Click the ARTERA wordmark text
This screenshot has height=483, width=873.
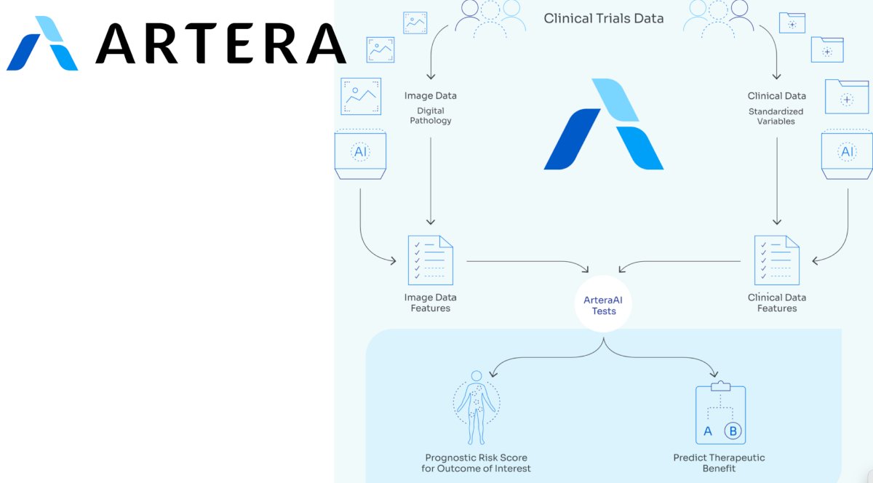click(220, 43)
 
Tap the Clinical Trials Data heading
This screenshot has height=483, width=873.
click(603, 18)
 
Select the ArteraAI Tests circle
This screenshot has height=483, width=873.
click(603, 304)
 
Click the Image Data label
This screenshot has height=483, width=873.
click(430, 95)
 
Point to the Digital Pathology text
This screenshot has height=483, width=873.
click(430, 116)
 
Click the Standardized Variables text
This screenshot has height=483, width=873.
click(776, 116)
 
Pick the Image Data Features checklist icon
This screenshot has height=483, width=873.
click(430, 260)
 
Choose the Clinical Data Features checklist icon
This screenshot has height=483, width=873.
click(777, 260)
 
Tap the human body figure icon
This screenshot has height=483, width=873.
click(477, 408)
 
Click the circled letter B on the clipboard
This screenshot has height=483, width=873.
click(733, 431)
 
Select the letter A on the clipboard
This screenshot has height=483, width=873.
click(708, 431)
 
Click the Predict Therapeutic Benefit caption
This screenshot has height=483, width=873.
click(719, 463)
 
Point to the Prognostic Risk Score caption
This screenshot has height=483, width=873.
click(476, 463)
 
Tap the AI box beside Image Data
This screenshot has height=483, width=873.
click(361, 154)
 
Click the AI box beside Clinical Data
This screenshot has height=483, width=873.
click(847, 154)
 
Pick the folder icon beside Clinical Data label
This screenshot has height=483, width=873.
click(847, 97)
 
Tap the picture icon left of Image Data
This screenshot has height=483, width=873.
click(361, 96)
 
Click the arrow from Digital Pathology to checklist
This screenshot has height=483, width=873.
click(431, 181)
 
